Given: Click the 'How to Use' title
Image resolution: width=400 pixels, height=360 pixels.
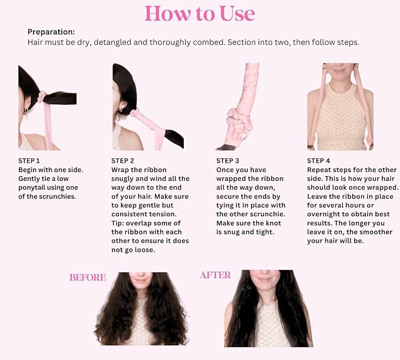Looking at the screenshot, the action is click(x=200, y=14).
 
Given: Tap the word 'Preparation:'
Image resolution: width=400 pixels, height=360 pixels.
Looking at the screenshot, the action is click(x=51, y=32).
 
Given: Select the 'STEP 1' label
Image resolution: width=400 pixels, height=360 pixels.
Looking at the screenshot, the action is click(x=29, y=161).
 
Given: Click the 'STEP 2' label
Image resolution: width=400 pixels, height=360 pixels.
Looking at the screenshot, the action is click(x=123, y=161).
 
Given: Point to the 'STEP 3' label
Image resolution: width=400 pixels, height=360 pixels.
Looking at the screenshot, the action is click(x=227, y=161).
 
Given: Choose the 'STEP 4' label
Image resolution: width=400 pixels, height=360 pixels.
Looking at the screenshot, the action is click(x=319, y=161).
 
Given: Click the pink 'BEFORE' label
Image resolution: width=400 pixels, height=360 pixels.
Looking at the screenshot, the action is click(x=88, y=278).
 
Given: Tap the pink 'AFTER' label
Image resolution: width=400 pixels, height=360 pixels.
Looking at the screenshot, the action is click(x=215, y=275).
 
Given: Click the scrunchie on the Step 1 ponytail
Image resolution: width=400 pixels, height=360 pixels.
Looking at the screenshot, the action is click(x=42, y=97).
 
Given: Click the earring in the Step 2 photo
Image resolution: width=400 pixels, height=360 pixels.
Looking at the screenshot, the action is click(x=120, y=110).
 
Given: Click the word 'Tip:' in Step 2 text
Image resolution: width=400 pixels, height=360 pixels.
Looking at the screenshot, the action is click(x=118, y=223).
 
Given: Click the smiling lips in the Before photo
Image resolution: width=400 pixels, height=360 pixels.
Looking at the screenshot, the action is click(x=141, y=280).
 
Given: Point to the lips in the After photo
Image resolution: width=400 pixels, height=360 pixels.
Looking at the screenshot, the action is click(x=265, y=280).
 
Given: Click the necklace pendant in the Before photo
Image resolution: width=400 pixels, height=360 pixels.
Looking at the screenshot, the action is click(x=140, y=298).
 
